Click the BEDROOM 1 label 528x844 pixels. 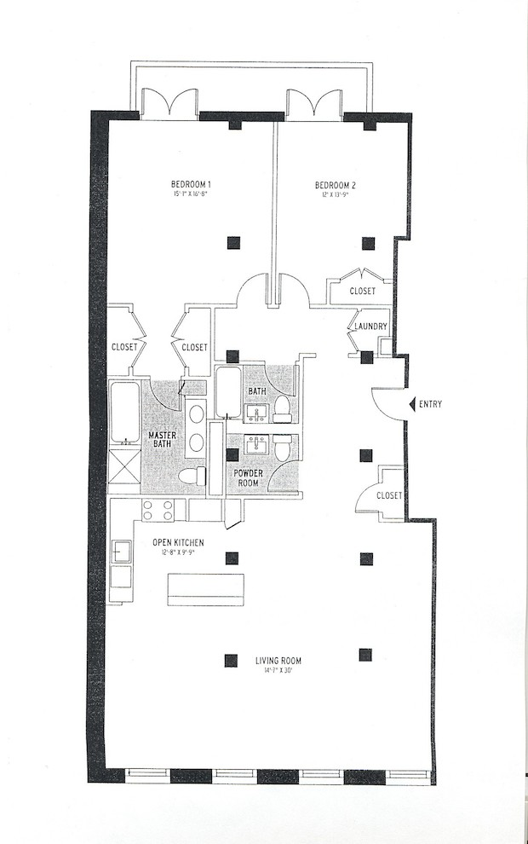pyautogui.click(x=191, y=184)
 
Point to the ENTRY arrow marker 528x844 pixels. pyautogui.click(x=412, y=404)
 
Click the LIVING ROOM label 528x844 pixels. pyautogui.click(x=278, y=661)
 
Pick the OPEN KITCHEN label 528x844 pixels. pyautogui.click(x=178, y=542)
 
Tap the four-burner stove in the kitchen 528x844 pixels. pyautogui.click(x=157, y=511)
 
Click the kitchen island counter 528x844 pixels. pyautogui.click(x=205, y=587)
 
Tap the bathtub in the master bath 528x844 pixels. pyautogui.click(x=125, y=413)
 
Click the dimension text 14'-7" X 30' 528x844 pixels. pyautogui.click(x=278, y=672)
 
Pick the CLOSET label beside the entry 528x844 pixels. pyautogui.click(x=389, y=495)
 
